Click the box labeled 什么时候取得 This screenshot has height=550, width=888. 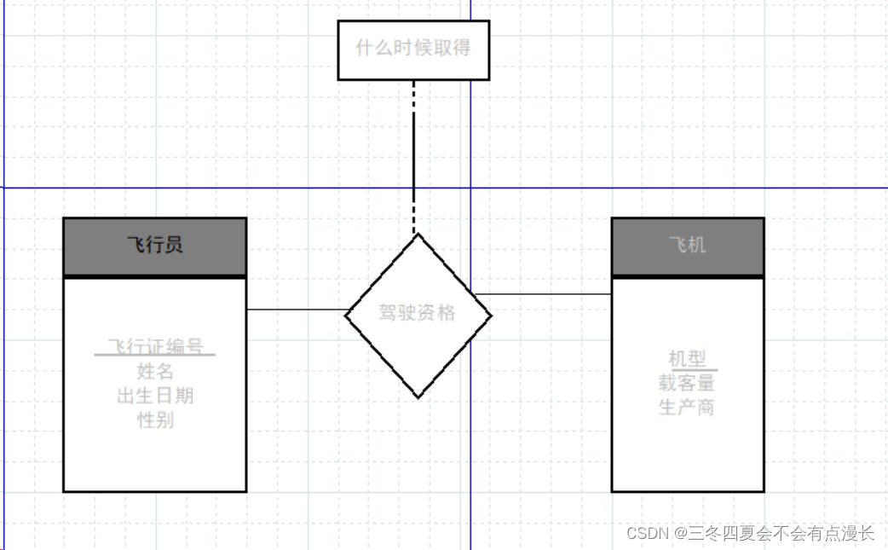pyautogui.click(x=413, y=49)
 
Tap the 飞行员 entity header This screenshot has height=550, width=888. pyautogui.click(x=154, y=246)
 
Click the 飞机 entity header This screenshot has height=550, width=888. pyautogui.click(x=687, y=246)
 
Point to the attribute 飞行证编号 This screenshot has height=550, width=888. pyautogui.click(x=155, y=346)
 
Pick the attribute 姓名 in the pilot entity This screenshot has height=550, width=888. pyautogui.click(x=155, y=371)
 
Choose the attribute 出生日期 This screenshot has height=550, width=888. pyautogui.click(x=155, y=396)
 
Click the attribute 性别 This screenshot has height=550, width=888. pyautogui.click(x=155, y=420)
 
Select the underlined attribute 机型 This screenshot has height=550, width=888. pyautogui.click(x=688, y=359)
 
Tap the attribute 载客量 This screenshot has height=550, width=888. pyautogui.click(x=687, y=383)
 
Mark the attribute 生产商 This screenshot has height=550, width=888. pyautogui.click(x=687, y=407)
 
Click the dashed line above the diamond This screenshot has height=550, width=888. pyautogui.click(x=414, y=153)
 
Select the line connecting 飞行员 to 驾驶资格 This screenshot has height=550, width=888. pyautogui.click(x=296, y=310)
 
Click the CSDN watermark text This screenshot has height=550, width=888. pyautogui.click(x=750, y=534)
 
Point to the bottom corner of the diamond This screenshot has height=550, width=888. pyautogui.click(x=418, y=397)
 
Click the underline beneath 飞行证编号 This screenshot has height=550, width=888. pyautogui.click(x=155, y=356)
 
